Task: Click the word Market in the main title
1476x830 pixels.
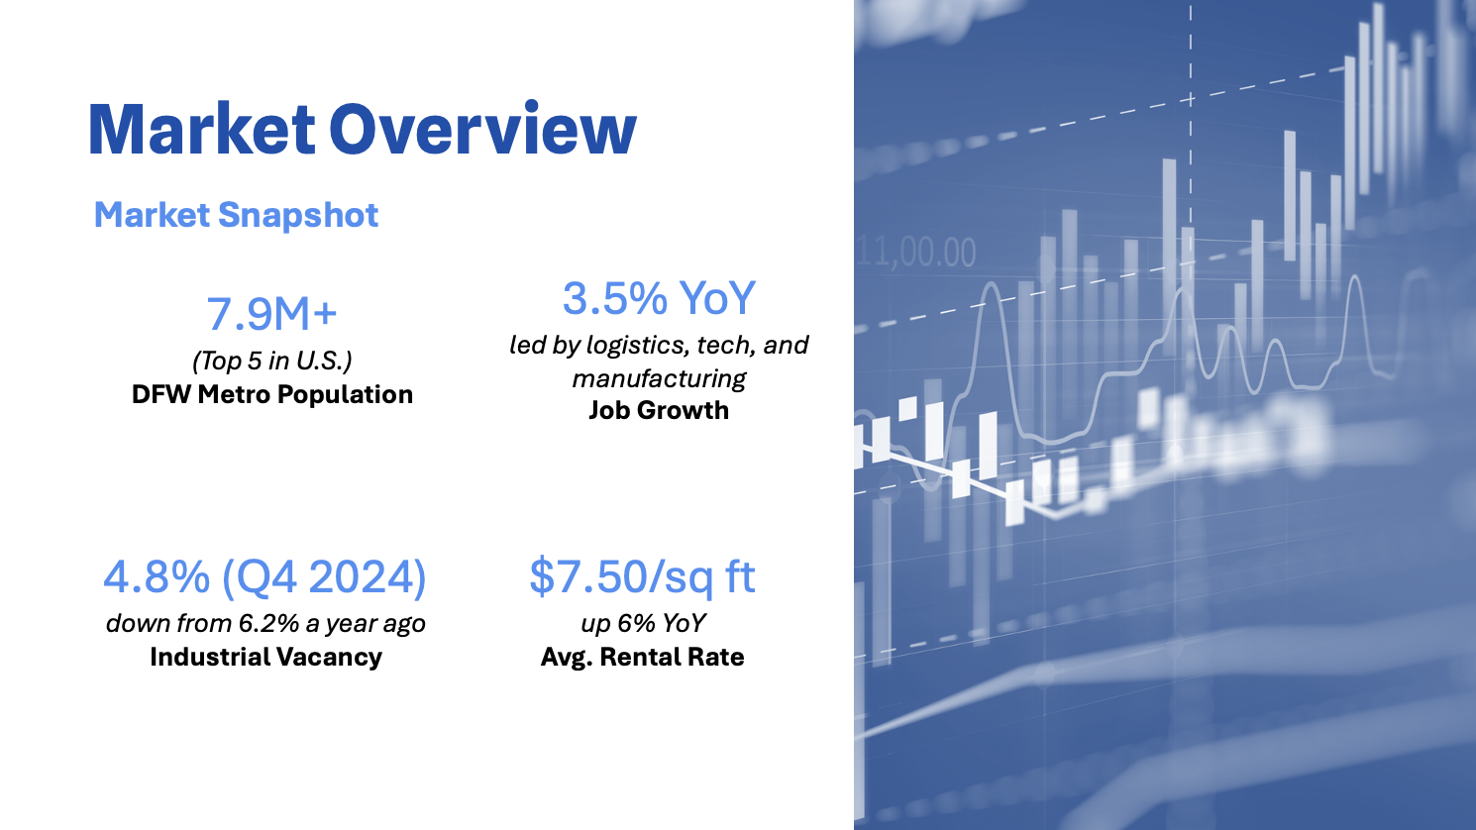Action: [x=202, y=129]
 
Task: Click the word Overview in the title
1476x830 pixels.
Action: [x=483, y=129]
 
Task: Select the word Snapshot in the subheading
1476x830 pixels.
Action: [x=298, y=215]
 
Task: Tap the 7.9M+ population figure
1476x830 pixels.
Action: [x=271, y=314]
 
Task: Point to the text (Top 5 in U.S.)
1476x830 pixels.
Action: [x=272, y=361]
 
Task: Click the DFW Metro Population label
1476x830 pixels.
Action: [x=272, y=394]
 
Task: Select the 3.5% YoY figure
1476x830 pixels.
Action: [x=659, y=298]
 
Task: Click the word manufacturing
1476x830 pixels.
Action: [x=659, y=378]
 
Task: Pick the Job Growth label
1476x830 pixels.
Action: [x=659, y=410]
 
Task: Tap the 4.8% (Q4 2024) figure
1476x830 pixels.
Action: [x=264, y=577]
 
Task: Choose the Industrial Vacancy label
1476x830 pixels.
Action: [x=265, y=657]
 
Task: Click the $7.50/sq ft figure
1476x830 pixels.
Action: [x=643, y=577]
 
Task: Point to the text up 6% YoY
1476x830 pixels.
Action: [x=643, y=623]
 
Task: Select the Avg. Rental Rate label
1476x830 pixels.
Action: [x=643, y=657]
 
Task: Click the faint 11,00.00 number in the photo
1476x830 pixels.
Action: [x=916, y=253]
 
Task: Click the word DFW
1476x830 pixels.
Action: [x=160, y=394]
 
